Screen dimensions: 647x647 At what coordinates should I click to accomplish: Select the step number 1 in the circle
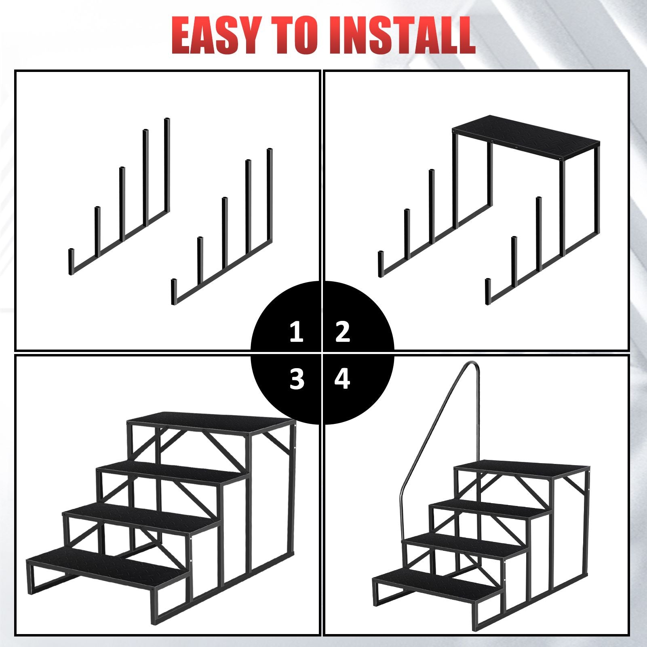point(297,332)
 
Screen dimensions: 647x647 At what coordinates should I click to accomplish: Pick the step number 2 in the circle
point(343,332)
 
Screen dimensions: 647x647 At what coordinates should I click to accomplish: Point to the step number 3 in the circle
point(297,379)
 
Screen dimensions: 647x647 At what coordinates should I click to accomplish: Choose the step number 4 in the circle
point(342,379)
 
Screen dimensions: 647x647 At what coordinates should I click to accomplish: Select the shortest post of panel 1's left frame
point(72,261)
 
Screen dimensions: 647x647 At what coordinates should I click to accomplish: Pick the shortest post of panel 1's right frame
point(174,291)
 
